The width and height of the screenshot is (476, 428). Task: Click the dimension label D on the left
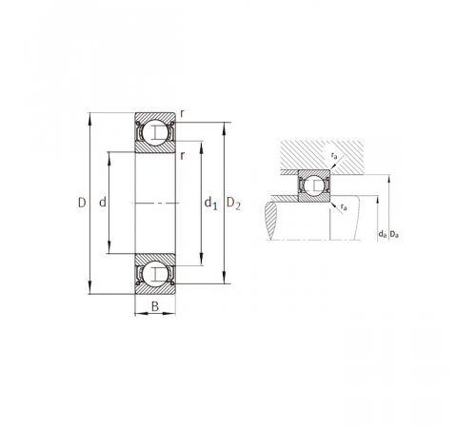(82, 203)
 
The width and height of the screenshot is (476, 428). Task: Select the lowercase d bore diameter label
(103, 202)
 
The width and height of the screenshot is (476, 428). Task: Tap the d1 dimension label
(210, 203)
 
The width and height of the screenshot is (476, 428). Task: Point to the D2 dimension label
(233, 204)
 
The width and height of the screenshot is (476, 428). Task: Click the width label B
(155, 307)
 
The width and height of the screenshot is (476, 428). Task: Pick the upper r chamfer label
(182, 114)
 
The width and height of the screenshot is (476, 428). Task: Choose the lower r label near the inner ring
(182, 156)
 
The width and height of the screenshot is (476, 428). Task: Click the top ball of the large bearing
(155, 132)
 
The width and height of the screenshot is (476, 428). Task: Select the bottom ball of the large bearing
(155, 274)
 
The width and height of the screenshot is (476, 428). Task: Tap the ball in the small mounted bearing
(314, 185)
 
